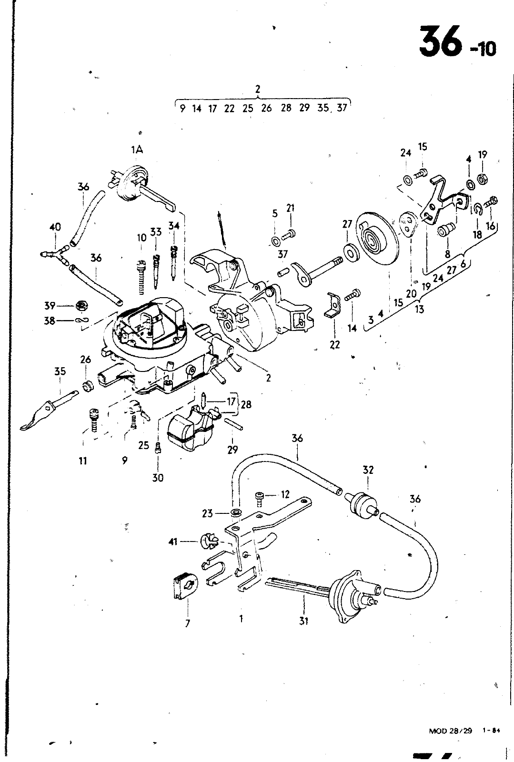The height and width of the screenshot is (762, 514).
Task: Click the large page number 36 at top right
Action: [x=441, y=42]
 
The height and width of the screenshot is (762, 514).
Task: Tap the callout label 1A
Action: [x=137, y=150]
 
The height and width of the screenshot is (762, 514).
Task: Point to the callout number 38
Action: [x=50, y=321]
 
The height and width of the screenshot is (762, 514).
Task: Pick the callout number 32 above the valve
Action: [x=368, y=470]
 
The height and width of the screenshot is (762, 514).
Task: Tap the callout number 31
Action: [x=303, y=621]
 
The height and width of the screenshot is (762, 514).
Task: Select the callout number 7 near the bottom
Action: [x=187, y=623]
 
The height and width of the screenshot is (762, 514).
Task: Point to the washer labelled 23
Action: [x=234, y=512]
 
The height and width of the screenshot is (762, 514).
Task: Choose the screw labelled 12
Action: [x=260, y=500]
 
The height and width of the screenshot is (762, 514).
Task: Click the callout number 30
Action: [x=158, y=478]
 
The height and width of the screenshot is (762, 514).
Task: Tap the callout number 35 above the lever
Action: [x=60, y=371]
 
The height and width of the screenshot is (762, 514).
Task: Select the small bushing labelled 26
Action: [x=88, y=386]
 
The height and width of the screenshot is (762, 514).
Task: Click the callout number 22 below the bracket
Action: [x=335, y=345]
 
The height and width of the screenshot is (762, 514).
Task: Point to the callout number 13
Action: [x=419, y=309]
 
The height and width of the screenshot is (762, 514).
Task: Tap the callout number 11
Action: [x=83, y=461]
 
